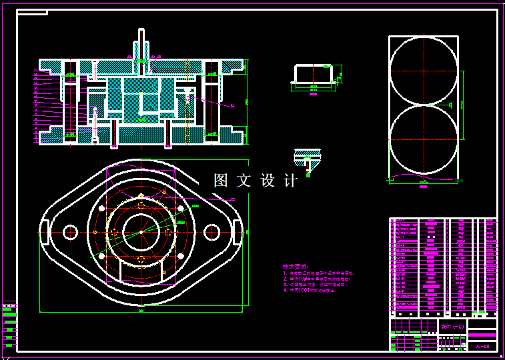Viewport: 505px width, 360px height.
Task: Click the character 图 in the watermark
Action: (x=221, y=181)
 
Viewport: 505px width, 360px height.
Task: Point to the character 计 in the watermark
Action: (x=291, y=181)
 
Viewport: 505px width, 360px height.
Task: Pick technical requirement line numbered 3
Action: (x=318, y=285)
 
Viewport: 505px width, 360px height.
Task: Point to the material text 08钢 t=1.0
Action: (x=452, y=327)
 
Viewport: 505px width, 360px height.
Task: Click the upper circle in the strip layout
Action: (x=424, y=71)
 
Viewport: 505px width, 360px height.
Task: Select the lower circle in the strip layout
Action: (x=424, y=139)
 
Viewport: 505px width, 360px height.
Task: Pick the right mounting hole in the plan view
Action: (x=212, y=231)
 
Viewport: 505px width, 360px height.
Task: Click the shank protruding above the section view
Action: (x=140, y=44)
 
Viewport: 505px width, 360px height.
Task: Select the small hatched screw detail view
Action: (x=307, y=160)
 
